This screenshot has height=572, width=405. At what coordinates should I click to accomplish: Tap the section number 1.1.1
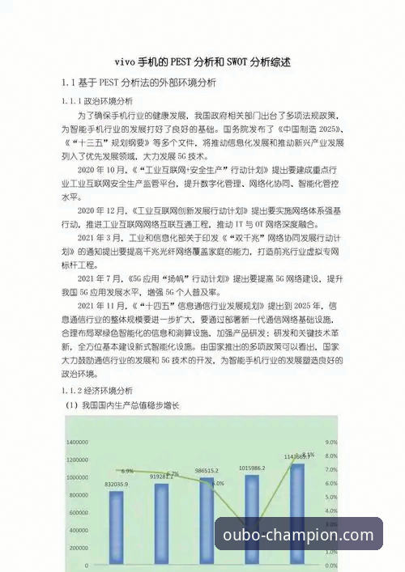click(76, 102)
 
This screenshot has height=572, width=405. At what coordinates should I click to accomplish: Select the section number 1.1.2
click(76, 390)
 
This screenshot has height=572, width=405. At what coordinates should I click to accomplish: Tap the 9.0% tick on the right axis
click(330, 443)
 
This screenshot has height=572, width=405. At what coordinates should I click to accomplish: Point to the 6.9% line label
click(127, 470)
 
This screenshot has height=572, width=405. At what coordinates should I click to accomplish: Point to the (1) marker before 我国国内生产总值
click(71, 405)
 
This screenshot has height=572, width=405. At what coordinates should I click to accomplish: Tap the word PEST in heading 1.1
click(110, 83)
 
